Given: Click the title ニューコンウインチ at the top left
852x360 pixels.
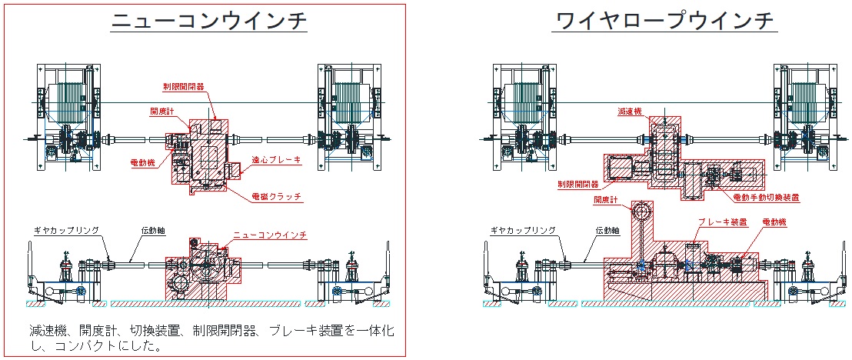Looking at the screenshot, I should (x=209, y=21).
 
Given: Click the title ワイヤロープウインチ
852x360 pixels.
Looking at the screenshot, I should (x=663, y=21).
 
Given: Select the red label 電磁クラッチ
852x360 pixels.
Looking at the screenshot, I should (x=276, y=197).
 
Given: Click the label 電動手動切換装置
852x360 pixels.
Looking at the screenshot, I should (x=765, y=198).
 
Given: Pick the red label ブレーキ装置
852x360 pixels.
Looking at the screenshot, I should (x=722, y=222).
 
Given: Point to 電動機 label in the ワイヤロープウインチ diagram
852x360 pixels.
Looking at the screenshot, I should (x=774, y=222).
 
